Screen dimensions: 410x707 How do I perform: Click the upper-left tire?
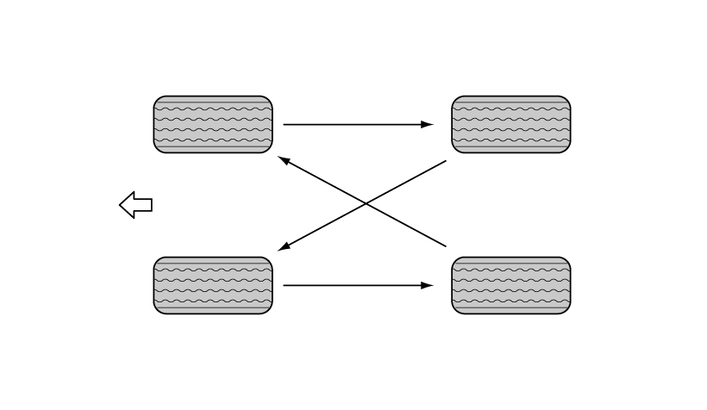coord(213,125)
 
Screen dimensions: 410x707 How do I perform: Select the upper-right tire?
coord(511,125)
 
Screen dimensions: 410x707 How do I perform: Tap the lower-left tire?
coord(213,285)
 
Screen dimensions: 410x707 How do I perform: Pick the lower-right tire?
coord(511,285)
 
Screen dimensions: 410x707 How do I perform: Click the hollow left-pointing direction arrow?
coord(135,205)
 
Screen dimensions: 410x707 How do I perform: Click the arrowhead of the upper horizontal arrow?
coord(428,125)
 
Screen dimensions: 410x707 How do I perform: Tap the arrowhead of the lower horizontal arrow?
coord(428,285)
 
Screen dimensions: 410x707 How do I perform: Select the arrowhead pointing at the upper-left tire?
coord(284,160)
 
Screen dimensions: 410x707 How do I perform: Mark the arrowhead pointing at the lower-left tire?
coord(284,248)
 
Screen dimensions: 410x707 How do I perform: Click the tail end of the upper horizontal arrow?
coord(285,125)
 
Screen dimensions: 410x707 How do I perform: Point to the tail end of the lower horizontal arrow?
coord(285,285)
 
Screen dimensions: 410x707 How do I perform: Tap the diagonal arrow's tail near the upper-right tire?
coord(445,161)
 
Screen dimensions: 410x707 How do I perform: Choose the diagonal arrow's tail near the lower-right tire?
coord(445,246)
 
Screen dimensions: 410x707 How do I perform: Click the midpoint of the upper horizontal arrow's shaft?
coord(358,125)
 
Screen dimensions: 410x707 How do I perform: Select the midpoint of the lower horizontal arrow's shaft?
coord(358,285)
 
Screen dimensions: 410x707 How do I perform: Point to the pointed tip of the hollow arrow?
coord(121,205)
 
